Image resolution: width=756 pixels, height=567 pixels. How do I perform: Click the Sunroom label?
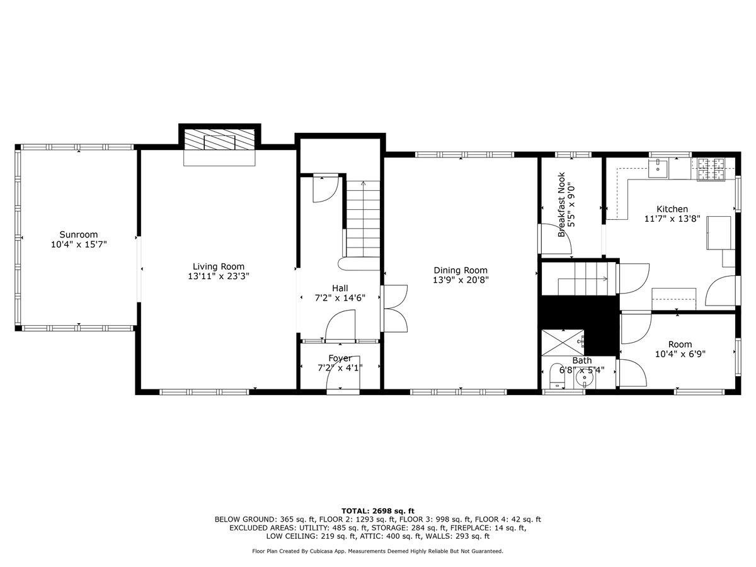click(79, 234)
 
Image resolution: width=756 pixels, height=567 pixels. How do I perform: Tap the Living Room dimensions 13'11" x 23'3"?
click(218, 276)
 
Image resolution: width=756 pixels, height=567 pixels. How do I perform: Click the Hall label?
click(340, 288)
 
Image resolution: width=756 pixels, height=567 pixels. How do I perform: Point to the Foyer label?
click(340, 358)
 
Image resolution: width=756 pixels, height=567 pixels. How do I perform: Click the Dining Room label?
click(460, 270)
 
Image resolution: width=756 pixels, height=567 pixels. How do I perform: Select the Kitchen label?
click(672, 209)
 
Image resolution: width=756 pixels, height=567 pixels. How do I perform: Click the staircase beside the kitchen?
click(578, 278)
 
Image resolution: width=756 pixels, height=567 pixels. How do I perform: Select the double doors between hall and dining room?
click(395, 309)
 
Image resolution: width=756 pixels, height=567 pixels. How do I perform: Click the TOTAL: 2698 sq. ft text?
click(377, 510)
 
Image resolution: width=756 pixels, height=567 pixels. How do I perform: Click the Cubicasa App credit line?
click(377, 551)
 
